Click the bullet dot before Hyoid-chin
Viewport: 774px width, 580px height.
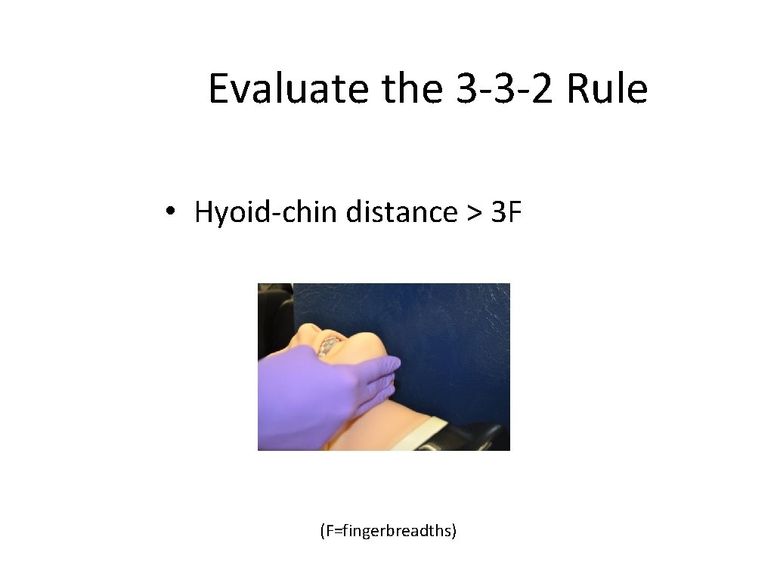pos(172,214)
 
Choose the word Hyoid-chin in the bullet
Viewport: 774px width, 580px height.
pos(265,213)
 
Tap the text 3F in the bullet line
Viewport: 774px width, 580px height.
pos(506,213)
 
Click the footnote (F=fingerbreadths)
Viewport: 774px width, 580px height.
pos(388,531)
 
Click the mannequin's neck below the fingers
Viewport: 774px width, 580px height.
pos(378,423)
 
